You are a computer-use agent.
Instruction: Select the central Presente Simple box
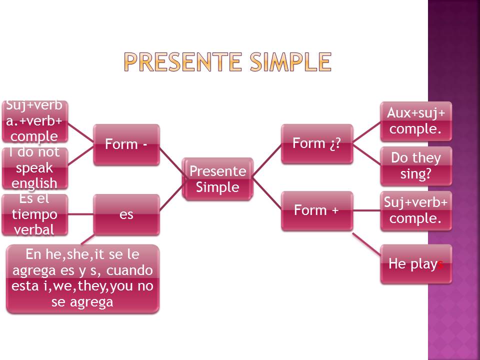coord(218,179)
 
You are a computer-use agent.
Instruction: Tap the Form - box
coord(126,144)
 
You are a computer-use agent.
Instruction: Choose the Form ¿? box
coord(316,143)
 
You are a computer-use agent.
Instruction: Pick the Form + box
coord(316,210)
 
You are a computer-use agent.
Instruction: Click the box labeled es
coord(126,214)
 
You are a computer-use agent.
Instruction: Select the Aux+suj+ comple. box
coord(416,121)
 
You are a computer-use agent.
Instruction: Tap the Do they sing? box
coord(416,166)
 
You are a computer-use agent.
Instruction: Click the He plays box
coord(416,264)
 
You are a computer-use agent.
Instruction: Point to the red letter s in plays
coord(440,264)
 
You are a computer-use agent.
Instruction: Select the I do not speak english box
coord(34,168)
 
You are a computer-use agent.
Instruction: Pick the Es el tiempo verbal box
coord(34,214)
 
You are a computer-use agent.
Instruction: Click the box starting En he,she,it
coord(82,278)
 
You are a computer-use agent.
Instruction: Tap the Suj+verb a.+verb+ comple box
coord(34,121)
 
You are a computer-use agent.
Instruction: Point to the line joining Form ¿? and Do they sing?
coord(366,154)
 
